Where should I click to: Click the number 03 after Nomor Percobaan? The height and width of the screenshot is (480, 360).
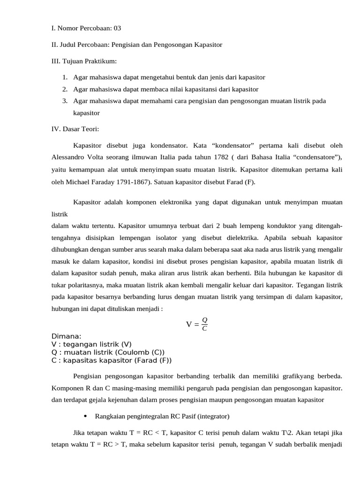(117, 28)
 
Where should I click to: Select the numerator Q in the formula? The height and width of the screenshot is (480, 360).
(204, 320)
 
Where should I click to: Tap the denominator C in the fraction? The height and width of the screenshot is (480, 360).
(204, 328)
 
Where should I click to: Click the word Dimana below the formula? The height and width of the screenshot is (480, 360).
(66, 337)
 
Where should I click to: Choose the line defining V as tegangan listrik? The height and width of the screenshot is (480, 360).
(85, 345)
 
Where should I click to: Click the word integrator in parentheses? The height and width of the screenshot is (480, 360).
(213, 416)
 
